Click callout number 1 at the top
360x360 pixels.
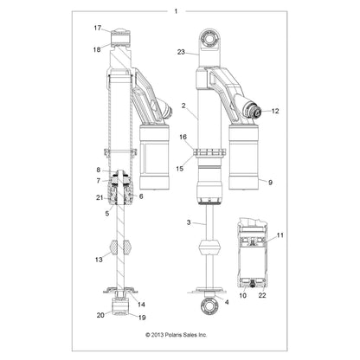tap(177, 11)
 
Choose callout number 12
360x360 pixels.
tap(275, 111)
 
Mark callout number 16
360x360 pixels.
tap(183, 138)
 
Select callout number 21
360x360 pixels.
tap(98, 198)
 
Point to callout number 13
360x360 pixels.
tap(97, 259)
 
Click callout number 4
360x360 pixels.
tap(226, 302)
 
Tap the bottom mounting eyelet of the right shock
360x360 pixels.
tap(209, 307)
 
